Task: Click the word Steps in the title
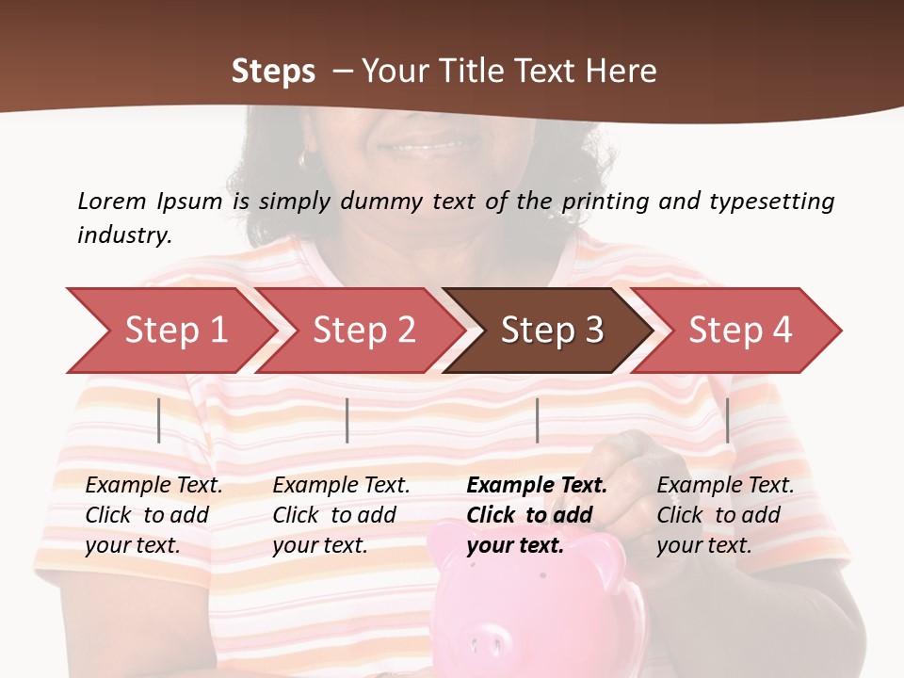(x=273, y=72)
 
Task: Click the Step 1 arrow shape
(x=169, y=331)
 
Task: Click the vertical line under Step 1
(x=159, y=420)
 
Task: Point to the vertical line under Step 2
(x=347, y=420)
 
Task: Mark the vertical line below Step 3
(x=538, y=420)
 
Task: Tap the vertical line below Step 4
(x=728, y=420)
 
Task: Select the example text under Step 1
(x=153, y=515)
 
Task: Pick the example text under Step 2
(x=341, y=515)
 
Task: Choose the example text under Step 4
(x=725, y=515)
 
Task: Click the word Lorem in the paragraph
(x=112, y=201)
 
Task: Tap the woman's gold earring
(x=305, y=161)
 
